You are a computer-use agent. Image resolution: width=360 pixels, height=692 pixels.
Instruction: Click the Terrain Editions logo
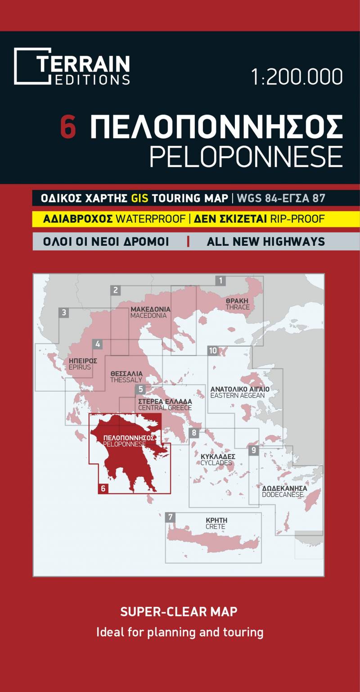coord(72,67)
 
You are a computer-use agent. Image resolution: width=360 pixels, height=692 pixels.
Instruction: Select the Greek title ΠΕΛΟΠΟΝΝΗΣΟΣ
coord(216,127)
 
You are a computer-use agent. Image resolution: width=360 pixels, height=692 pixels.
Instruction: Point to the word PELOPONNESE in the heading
coord(246,156)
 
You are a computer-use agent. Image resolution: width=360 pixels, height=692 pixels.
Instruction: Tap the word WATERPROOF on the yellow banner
coord(151,219)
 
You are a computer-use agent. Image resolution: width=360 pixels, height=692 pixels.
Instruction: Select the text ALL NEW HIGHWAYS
coord(265,242)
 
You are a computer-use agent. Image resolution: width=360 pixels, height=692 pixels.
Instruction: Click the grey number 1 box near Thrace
coord(220,281)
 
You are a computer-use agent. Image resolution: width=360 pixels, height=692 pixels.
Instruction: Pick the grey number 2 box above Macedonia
coord(116,290)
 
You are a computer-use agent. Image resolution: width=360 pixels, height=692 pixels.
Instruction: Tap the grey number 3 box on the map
coord(64,312)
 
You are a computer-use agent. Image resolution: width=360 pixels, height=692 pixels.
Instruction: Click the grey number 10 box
coord(213,351)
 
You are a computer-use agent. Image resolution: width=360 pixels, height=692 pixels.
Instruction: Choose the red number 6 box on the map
coord(103,488)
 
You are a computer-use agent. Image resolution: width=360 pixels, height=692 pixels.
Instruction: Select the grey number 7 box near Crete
coord(170,517)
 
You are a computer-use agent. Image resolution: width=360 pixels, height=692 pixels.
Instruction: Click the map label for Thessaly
coord(126,377)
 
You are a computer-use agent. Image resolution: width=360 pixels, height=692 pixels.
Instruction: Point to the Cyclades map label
coord(218,459)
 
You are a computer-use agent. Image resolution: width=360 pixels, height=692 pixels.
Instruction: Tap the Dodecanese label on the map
coord(284,491)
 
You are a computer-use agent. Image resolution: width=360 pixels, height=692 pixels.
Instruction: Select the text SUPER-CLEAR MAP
coord(179,611)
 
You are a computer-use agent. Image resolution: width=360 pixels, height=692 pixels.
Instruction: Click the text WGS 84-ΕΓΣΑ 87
coord(281,198)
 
